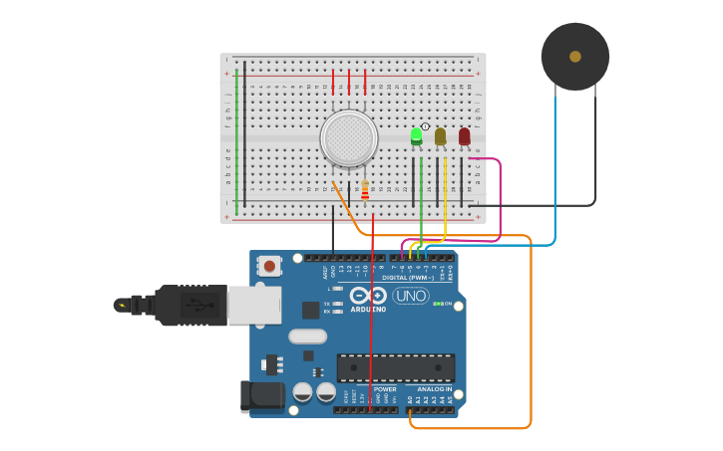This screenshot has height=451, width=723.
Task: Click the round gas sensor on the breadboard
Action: [349, 137]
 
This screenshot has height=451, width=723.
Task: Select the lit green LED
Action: [416, 136]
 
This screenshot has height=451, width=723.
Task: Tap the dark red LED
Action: [464, 136]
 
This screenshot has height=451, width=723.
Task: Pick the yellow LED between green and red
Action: [440, 136]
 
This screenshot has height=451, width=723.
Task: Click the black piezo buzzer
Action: [575, 57]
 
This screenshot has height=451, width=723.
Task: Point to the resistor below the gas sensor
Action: [365, 190]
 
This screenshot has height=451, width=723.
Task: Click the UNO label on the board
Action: [410, 296]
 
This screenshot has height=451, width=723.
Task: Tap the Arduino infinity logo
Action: [367, 296]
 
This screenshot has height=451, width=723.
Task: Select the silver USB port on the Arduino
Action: [254, 305]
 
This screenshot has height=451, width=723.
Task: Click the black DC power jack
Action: [261, 395]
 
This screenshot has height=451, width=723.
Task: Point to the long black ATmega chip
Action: [395, 367]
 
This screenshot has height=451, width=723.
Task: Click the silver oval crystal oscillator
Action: [308, 337]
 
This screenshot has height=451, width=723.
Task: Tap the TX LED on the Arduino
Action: [337, 304]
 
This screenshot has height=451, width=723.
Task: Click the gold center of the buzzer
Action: [575, 57]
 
